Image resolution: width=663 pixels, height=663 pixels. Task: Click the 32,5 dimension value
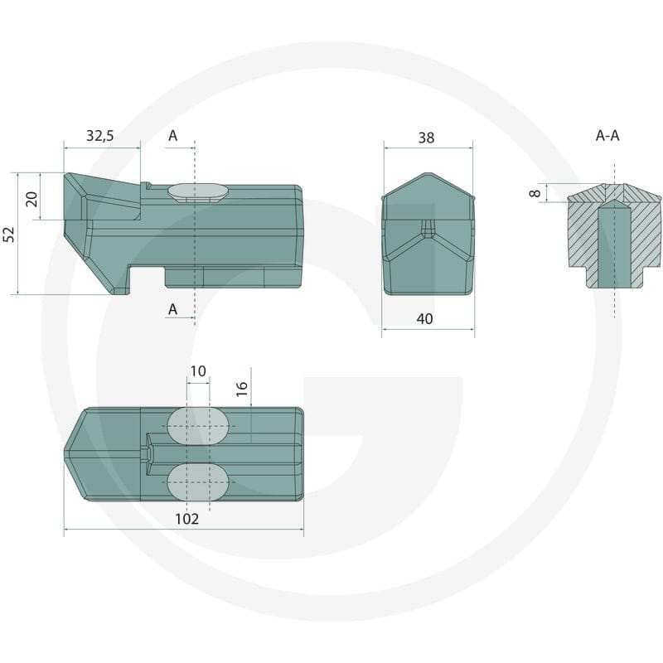[x=100, y=136]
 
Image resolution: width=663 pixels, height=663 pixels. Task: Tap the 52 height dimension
[x=9, y=235]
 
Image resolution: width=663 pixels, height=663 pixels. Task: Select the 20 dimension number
[x=31, y=199]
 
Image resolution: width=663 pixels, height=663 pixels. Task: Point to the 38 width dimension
[x=426, y=138]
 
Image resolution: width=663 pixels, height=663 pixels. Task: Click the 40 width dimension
[x=425, y=318]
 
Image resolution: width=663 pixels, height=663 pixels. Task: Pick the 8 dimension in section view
[x=535, y=193]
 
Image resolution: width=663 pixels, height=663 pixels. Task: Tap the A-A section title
[x=607, y=136]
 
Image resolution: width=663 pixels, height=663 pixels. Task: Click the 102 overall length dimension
[x=187, y=519]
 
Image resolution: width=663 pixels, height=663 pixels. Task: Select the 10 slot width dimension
[x=198, y=371]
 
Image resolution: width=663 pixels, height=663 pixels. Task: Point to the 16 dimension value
[x=241, y=389]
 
